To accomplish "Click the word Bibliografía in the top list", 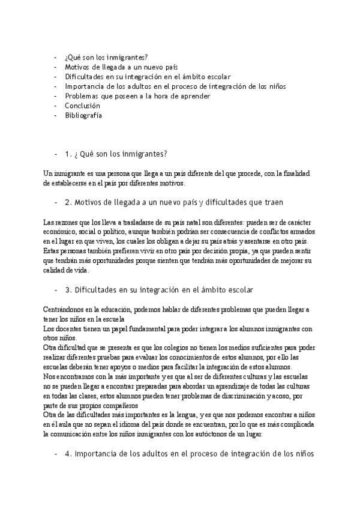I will tap(83, 115).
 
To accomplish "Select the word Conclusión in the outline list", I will tap(83, 105).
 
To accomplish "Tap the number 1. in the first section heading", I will tap(68, 153).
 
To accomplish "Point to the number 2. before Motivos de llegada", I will tap(68, 202).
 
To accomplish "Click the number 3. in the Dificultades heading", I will tap(68, 289).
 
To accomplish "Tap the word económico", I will tap(59, 231).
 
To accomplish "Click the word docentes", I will tap(65, 329).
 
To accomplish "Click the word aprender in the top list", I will tap(195, 95).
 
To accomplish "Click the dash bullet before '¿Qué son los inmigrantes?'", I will tap(56, 58).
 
